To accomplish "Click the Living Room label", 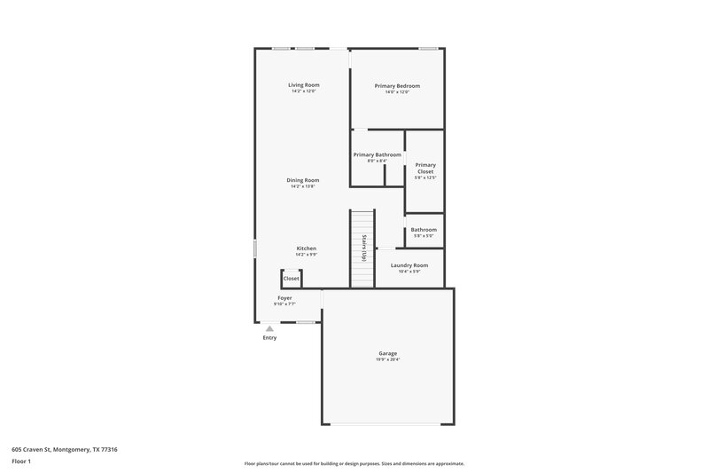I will click(x=303, y=85).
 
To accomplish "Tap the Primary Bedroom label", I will click(x=397, y=85).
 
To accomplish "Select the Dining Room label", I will click(x=303, y=180).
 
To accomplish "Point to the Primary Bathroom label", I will click(x=378, y=154).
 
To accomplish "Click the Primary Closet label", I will click(x=425, y=168).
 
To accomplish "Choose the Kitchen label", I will click(x=306, y=248).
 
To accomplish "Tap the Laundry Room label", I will click(x=409, y=265).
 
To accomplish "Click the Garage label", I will click(x=387, y=353).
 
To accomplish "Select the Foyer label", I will click(x=284, y=298).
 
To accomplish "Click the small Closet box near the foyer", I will click(x=292, y=279).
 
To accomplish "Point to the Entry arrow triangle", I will click(x=270, y=328).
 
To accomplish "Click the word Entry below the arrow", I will click(x=269, y=338).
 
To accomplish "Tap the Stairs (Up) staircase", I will click(x=362, y=248).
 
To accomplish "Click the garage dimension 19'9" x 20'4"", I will click(x=387, y=359).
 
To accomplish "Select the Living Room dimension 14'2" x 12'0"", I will click(x=303, y=91).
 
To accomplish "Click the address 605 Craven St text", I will click(x=64, y=449).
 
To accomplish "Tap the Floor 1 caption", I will click(x=22, y=461).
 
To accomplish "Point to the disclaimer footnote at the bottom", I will click(x=354, y=463).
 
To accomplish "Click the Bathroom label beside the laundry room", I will click(x=424, y=230).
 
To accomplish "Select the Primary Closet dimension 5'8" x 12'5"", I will click(x=425, y=178).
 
